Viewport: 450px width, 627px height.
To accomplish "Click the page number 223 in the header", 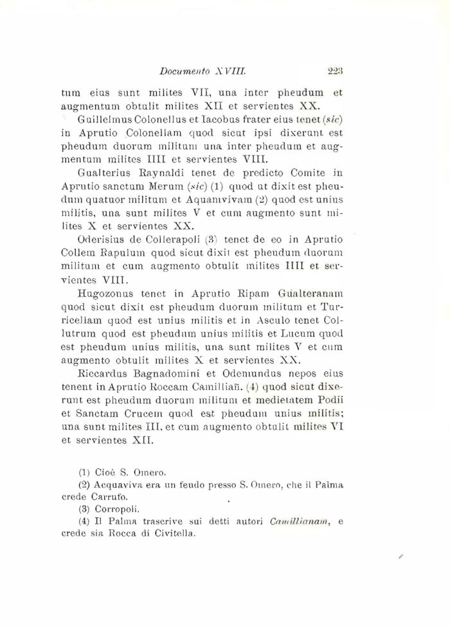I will click(x=334, y=72).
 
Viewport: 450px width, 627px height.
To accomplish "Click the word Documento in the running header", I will click(x=183, y=72).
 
